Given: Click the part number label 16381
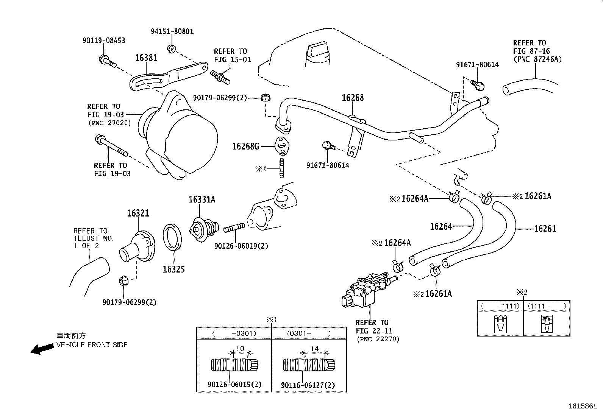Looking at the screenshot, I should tap(146, 58).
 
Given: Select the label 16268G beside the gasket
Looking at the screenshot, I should tap(245, 146).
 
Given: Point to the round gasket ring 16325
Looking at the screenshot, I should tap(172, 237).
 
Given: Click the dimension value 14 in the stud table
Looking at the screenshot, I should tap(314, 349).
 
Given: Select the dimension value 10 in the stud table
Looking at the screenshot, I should tap(240, 349).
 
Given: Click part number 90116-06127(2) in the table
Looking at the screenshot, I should tap(308, 385).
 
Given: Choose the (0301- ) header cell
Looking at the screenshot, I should tap(309, 333).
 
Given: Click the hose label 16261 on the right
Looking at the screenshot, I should tap(545, 229).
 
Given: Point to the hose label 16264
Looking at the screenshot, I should tap(441, 226).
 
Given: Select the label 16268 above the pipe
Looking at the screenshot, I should tap(352, 98).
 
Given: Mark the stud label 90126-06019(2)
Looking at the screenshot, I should tap(241, 246).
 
